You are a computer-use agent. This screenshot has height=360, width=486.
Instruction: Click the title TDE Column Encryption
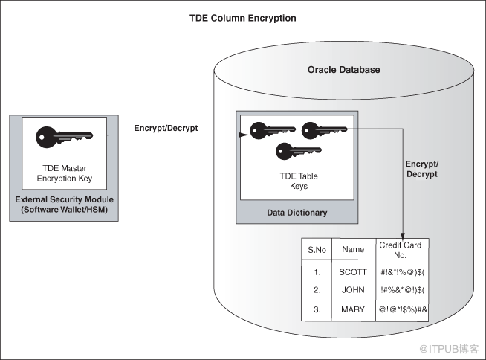tap(243, 18)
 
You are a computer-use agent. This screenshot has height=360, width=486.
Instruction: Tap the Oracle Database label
tap(344, 69)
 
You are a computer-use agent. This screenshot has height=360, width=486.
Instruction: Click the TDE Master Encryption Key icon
tap(64, 137)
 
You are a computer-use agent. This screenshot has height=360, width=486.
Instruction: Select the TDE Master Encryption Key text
tap(65, 173)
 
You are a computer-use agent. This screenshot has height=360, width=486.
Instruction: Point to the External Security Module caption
tap(64, 205)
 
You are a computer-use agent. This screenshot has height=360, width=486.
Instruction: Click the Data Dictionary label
tap(297, 213)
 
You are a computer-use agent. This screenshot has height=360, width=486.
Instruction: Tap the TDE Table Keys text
tap(299, 181)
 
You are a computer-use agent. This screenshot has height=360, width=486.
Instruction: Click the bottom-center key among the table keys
tap(299, 151)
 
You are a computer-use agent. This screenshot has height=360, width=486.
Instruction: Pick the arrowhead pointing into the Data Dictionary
tap(244, 135)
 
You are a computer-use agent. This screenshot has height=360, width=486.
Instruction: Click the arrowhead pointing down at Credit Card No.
tap(403, 236)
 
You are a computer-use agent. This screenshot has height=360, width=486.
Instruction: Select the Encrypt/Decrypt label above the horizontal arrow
tap(166, 128)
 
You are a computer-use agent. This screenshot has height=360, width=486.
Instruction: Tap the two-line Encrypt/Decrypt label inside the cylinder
tap(422, 169)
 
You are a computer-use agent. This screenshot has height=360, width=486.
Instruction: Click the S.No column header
tap(317, 250)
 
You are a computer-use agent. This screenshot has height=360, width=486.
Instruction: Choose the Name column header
tap(353, 249)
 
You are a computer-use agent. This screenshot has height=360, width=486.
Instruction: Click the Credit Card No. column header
tap(400, 250)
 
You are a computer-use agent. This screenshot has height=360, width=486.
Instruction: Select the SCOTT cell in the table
tap(353, 272)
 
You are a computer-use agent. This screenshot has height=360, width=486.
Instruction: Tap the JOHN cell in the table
tap(353, 290)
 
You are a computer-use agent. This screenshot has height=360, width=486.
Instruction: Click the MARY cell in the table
tap(353, 309)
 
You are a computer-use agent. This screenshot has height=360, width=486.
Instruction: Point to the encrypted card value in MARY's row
tap(403, 309)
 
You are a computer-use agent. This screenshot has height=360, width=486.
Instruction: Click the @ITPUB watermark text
tap(449, 349)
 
